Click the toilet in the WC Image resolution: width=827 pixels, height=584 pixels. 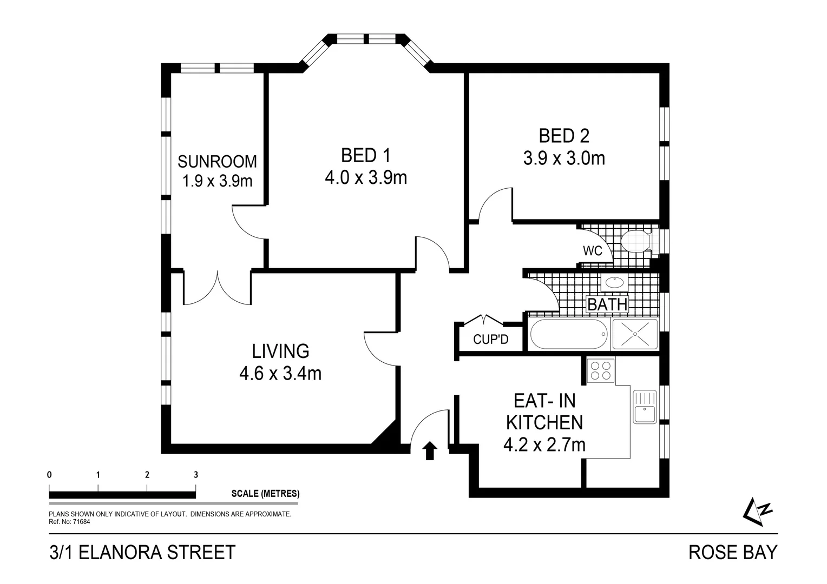click(636, 241)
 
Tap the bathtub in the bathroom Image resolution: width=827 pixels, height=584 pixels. click(568, 335)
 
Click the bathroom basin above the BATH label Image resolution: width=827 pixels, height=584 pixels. click(614, 282)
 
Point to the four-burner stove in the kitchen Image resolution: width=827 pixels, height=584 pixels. click(601, 370)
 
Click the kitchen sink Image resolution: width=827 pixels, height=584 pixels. click(645, 407)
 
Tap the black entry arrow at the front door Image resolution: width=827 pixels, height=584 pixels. click(430, 450)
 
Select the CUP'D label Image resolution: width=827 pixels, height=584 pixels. click(490, 340)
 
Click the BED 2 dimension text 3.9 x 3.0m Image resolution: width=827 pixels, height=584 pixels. click(563, 158)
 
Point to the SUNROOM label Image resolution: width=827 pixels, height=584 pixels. click(217, 161)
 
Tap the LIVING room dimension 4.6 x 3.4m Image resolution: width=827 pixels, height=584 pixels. click(280, 373)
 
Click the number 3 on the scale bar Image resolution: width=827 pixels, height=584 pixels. click(196, 475)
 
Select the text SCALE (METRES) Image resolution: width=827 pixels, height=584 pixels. click(265, 493)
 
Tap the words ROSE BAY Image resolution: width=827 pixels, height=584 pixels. click(732, 552)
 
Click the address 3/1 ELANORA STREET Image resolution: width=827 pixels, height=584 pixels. click(142, 552)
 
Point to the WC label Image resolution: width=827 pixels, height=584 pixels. click(592, 251)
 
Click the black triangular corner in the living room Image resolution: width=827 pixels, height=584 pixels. click(388, 435)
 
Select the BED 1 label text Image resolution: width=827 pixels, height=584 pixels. click(365, 156)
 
